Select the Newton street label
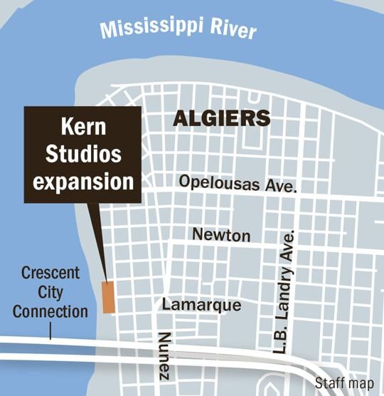(x=221, y=234)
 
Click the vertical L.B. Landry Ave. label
(x=286, y=292)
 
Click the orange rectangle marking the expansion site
(x=108, y=296)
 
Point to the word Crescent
(x=50, y=273)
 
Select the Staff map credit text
(x=344, y=383)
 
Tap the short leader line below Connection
(x=50, y=330)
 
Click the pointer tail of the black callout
(x=100, y=242)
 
